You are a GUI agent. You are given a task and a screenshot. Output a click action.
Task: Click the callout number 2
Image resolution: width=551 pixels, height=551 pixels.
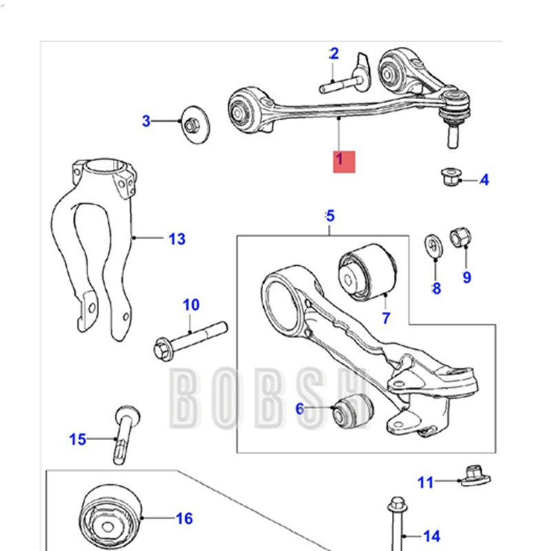pyautogui.click(x=334, y=54)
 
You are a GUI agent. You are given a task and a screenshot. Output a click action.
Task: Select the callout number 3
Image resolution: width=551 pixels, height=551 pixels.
pyautogui.click(x=146, y=121)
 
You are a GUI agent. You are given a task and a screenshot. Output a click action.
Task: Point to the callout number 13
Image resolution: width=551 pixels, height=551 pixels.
pyautogui.click(x=177, y=239)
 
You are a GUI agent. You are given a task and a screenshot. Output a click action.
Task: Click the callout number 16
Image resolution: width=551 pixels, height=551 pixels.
pyautogui.click(x=185, y=519)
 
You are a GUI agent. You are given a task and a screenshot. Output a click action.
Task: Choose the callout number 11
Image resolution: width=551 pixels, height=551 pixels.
pyautogui.click(x=426, y=482)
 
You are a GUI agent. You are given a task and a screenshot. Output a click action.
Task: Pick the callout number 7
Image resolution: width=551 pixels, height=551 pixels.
pyautogui.click(x=386, y=318)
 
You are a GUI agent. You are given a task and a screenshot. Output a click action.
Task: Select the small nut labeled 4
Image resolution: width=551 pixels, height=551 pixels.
pyautogui.click(x=448, y=178)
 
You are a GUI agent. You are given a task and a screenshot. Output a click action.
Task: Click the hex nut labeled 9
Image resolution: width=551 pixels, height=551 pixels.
pyautogui.click(x=459, y=238)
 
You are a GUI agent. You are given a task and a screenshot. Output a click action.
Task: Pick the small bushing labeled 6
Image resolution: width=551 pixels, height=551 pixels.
pyautogui.click(x=352, y=411)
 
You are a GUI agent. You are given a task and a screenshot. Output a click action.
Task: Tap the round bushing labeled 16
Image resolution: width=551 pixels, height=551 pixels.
pyautogui.click(x=110, y=517)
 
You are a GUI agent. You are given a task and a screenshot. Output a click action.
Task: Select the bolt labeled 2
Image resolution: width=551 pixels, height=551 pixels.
pyautogui.click(x=342, y=85)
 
